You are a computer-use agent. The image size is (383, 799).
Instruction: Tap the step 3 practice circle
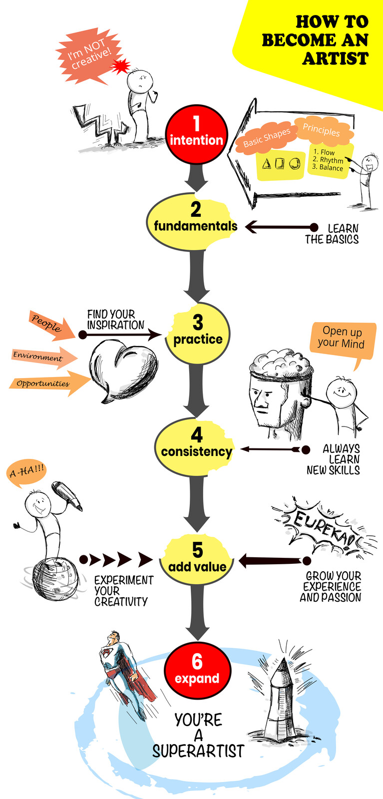tap(198, 332)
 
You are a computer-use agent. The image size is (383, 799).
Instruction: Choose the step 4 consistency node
tap(196, 444)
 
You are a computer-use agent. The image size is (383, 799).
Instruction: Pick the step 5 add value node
tap(197, 558)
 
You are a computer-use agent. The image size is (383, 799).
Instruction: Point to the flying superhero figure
tap(122, 669)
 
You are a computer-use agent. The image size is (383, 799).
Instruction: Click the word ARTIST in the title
tap(336, 58)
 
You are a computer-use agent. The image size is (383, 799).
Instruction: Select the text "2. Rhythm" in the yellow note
tap(328, 160)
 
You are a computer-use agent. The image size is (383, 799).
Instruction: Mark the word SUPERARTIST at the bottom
tap(198, 751)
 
